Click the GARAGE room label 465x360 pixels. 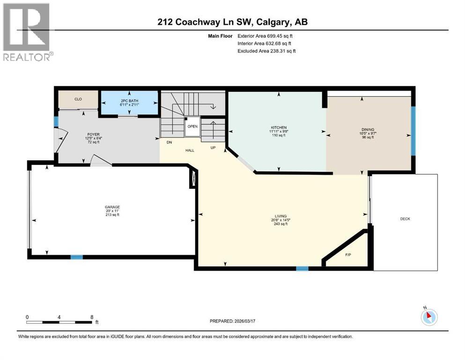pyautogui.click(x=112, y=207)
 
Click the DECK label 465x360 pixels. pyautogui.click(x=405, y=219)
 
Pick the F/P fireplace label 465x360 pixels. pyautogui.click(x=348, y=255)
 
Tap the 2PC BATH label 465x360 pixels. pyautogui.click(x=130, y=100)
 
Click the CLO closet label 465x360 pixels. pyautogui.click(x=78, y=99)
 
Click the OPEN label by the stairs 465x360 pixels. pyautogui.click(x=192, y=127)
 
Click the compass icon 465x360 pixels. pyautogui.click(x=428, y=317)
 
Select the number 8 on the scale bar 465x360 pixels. pyautogui.click(x=92, y=317)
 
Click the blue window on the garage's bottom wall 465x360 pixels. pyautogui.click(x=76, y=257)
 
